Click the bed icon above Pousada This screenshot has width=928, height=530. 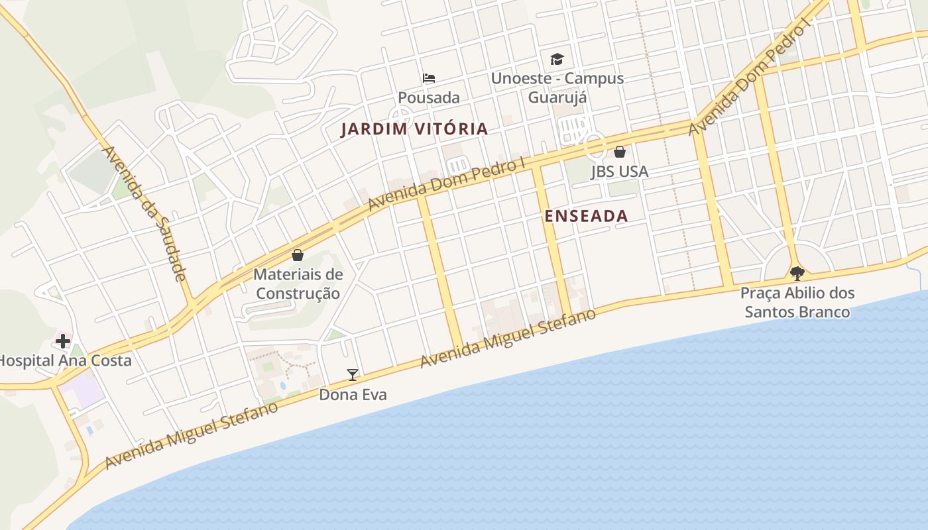click(429, 78)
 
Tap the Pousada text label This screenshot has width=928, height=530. click(429, 97)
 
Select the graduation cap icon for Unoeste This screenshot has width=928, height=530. click(557, 59)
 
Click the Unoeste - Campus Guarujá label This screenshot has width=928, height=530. click(557, 87)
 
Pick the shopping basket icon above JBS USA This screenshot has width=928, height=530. click(619, 152)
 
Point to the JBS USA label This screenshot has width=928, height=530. click(619, 172)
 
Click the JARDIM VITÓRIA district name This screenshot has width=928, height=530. click(414, 129)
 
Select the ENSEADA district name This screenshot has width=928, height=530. click(586, 216)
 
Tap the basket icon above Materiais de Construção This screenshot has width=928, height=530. click(298, 255)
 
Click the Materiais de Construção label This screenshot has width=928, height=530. click(298, 284)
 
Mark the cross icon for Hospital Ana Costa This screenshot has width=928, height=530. click(63, 341)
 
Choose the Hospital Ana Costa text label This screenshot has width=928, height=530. click(64, 361)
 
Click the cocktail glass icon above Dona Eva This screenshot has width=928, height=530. click(353, 375)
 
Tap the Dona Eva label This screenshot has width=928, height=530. click(353, 395)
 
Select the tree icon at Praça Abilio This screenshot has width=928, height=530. click(797, 273)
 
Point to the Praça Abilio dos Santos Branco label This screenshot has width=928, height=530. click(797, 302)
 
